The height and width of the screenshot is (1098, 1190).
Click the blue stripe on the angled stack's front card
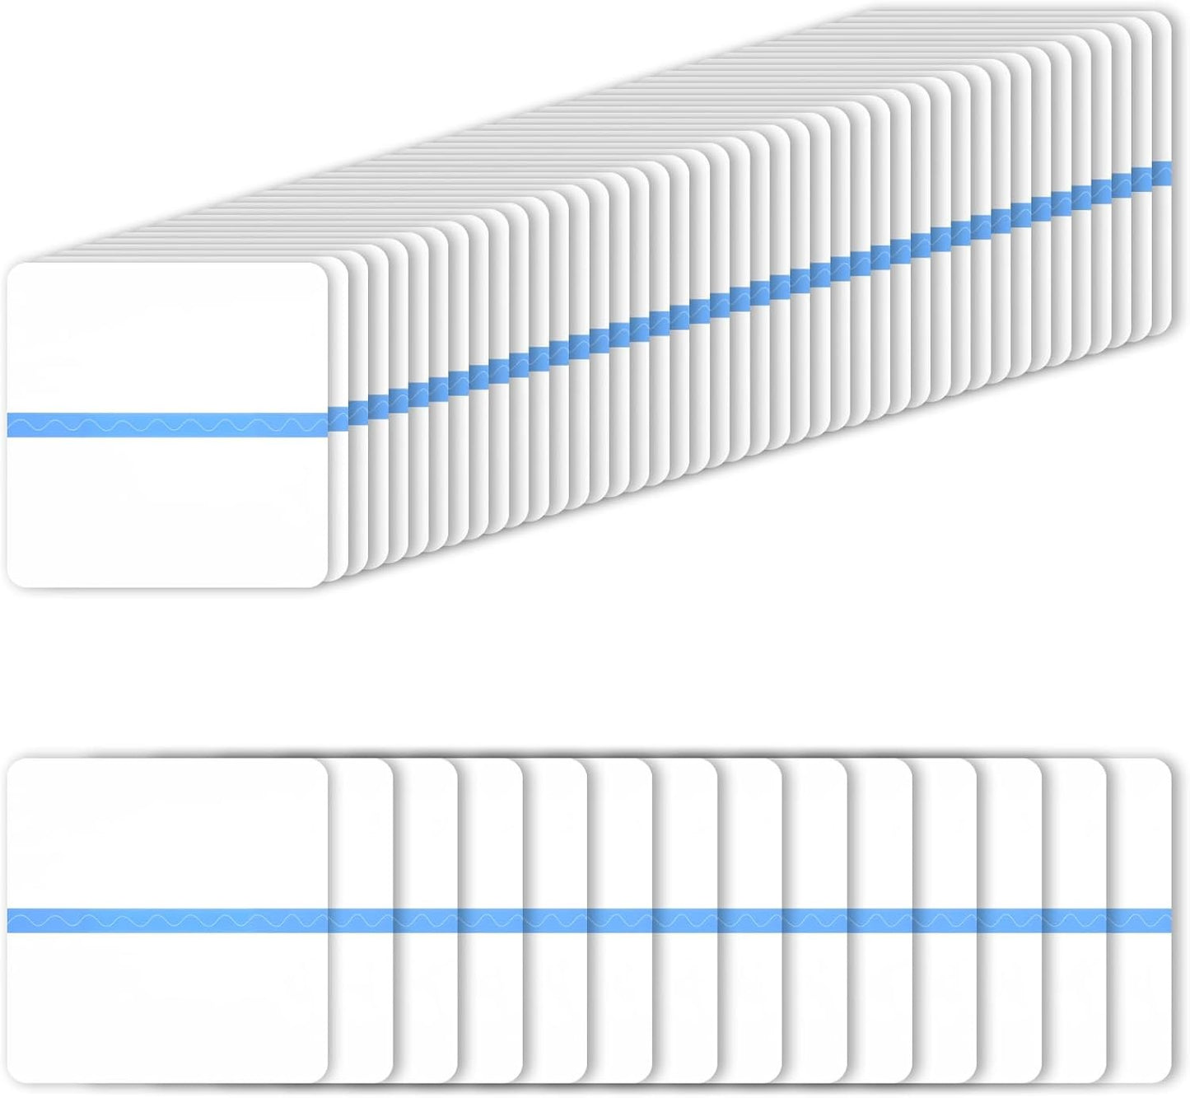(165, 424)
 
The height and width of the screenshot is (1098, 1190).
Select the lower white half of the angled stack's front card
(165, 511)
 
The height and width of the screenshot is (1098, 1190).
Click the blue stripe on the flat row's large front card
(165, 921)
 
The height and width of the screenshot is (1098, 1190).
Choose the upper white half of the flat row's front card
(165, 832)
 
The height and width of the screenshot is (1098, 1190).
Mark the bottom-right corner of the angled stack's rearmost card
(1167, 331)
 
